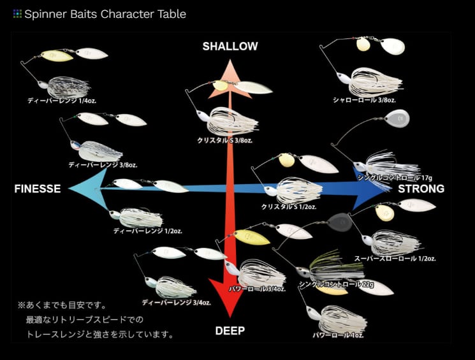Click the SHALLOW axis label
(x=230, y=47)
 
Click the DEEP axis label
(x=230, y=331)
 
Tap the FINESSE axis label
(x=38, y=189)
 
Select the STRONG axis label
(x=421, y=189)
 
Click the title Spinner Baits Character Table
(x=105, y=13)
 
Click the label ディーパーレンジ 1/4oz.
(x=61, y=101)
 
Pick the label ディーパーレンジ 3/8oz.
(x=103, y=164)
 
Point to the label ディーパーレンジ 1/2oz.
(x=148, y=231)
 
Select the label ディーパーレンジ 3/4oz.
(x=176, y=302)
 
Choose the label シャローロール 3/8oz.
(x=365, y=100)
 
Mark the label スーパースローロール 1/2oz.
(x=395, y=259)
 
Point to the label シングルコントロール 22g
(x=330, y=284)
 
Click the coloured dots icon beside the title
(x=17, y=13)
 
